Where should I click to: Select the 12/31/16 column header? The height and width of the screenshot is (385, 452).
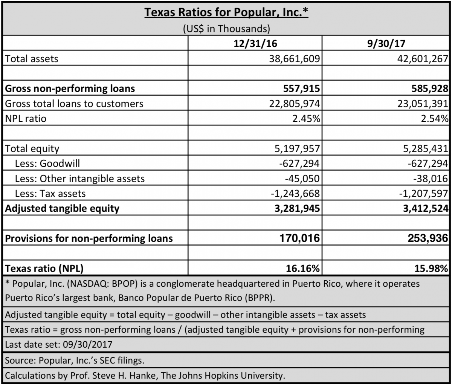(255, 43)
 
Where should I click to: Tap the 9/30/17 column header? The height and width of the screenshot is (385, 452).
(386, 43)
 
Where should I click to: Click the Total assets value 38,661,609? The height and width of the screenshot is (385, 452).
(294, 58)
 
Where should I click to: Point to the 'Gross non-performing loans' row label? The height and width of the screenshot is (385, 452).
(70, 89)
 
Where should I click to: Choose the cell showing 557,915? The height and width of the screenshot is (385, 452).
(301, 89)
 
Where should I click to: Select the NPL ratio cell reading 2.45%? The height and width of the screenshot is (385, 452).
(306, 119)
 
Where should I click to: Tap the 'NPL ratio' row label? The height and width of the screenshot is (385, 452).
(26, 119)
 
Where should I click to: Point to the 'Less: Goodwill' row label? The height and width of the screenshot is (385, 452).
(47, 163)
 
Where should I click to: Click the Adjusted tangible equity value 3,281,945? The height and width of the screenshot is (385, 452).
(298, 208)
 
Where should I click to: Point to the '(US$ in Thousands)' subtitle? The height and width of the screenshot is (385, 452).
(226, 28)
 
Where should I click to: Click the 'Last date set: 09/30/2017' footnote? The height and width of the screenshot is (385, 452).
(59, 344)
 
